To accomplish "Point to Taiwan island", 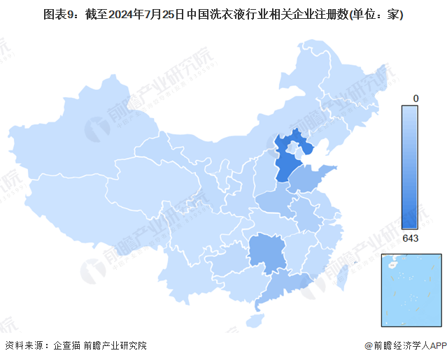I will point(343,275).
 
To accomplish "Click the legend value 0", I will point(416,99).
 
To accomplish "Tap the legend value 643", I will point(411,239).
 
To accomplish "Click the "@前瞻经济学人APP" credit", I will point(406,345).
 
